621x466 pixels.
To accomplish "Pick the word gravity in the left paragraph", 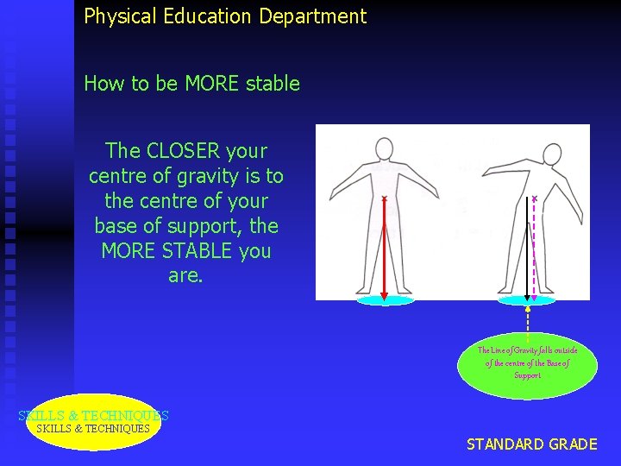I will click(203, 176).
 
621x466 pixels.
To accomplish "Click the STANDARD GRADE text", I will click(531, 444).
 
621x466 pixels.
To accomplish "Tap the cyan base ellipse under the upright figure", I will click(386, 300).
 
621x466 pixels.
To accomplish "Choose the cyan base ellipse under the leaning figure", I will click(527, 300).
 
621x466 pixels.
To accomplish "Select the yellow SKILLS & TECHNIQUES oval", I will click(93, 423).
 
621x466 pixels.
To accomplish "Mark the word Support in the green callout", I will click(527, 375).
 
